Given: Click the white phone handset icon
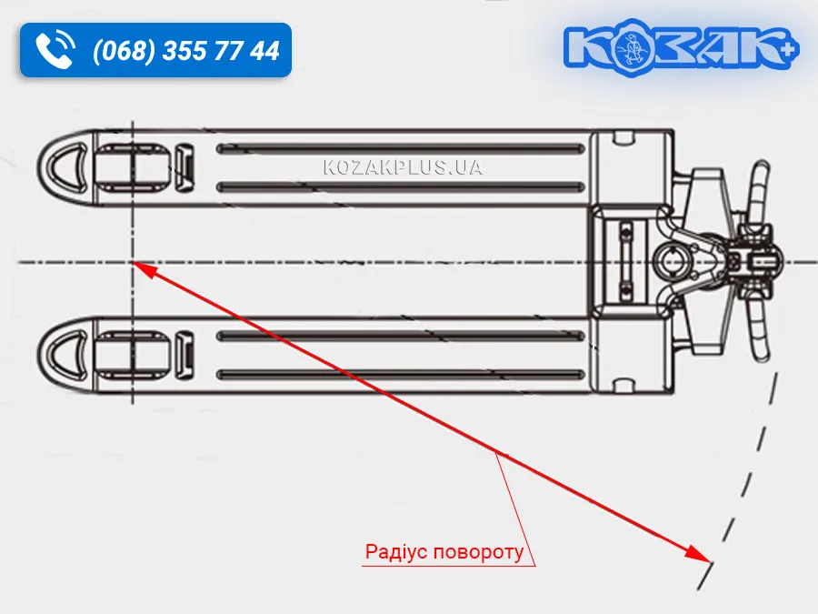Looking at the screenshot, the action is pos(55,50).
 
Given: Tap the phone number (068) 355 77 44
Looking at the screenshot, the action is pos(186,51).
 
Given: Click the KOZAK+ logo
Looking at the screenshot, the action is pos(681,48).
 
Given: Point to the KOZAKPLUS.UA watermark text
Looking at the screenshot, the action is pos(403,167).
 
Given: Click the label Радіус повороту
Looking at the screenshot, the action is pos(444,551).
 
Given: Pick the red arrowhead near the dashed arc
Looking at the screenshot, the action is pos(697,554).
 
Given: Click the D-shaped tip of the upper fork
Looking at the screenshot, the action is pos(66,167).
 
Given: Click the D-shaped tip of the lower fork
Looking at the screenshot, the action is pos(66,355).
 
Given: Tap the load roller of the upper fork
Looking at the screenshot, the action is pos(134,166).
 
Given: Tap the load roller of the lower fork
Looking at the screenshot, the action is pos(134,355).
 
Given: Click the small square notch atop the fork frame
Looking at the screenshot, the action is pos(623,138).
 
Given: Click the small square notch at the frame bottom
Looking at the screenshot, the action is pos(623,386).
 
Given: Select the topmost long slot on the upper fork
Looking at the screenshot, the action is pos(401,149).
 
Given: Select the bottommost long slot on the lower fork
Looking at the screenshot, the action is pos(401,375).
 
